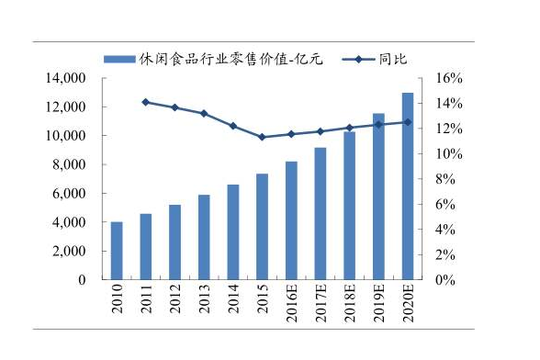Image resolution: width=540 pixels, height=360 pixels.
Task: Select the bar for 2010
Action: pyautogui.click(x=117, y=251)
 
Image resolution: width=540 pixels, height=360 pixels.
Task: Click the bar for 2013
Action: pyautogui.click(x=204, y=237)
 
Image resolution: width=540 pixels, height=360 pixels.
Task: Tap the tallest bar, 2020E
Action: pyautogui.click(x=408, y=186)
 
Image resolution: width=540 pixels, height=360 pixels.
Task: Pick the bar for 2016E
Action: pyautogui.click(x=291, y=220)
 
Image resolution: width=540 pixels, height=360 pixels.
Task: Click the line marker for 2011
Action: pyautogui.click(x=145, y=102)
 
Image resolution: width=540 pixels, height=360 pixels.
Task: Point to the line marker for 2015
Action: pyautogui.click(x=262, y=137)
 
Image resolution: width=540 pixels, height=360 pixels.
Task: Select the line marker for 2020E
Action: pyautogui.click(x=408, y=122)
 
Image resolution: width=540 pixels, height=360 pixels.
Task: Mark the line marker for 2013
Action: pyautogui.click(x=204, y=114)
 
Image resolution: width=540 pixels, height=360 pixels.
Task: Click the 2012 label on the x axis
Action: pyautogui.click(x=174, y=299)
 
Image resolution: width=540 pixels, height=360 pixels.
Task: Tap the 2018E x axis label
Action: pyautogui.click(x=350, y=303)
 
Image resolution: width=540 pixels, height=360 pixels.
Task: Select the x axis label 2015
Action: pyautogui.click(x=262, y=299)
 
